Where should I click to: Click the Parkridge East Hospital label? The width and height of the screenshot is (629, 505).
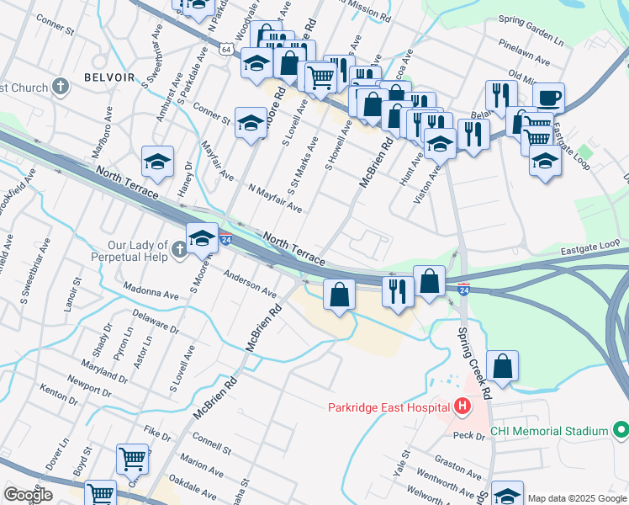point(388,408)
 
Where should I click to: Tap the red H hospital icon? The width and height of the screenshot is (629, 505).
point(462,408)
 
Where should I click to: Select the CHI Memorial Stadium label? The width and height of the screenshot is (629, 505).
point(548,431)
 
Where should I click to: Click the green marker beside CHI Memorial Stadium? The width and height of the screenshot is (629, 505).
point(621,431)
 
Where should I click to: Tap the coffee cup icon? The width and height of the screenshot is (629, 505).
point(548,97)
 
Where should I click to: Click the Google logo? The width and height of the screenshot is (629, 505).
point(27,495)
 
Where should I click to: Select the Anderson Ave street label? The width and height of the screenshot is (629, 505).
point(250,284)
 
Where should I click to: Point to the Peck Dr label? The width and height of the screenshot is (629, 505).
point(468,436)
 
